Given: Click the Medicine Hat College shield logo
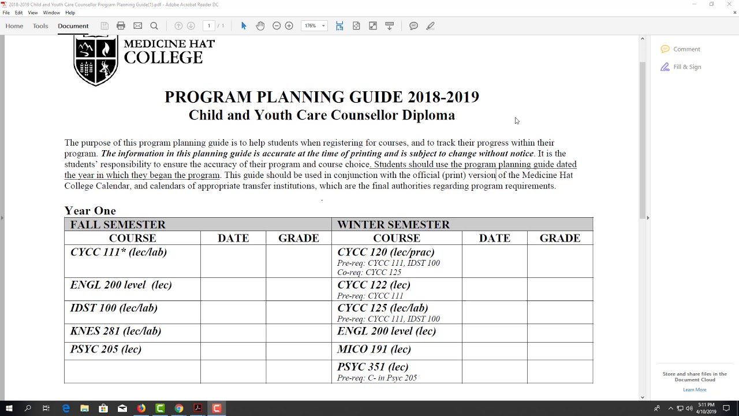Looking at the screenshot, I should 96,60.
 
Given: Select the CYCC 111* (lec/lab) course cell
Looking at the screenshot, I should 118,252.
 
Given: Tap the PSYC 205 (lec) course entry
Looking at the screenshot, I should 106,349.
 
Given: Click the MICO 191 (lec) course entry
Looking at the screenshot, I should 374,349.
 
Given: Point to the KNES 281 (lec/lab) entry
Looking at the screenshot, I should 115,331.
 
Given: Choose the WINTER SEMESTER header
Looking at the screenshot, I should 393,224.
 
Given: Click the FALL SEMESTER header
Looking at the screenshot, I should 118,224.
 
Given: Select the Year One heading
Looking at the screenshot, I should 90,210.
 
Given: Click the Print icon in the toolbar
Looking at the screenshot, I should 121,25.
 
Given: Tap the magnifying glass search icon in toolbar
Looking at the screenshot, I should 154,25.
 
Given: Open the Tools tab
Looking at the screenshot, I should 40,26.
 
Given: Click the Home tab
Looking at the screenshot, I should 14,26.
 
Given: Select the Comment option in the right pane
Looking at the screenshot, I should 686,49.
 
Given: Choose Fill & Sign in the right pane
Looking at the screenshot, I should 686,67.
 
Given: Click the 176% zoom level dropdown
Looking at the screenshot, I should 315,25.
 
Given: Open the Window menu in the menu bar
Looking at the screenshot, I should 51,13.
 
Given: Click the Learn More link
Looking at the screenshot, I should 695,389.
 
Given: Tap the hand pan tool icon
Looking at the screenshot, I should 260,25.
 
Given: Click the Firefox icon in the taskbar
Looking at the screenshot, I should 141,408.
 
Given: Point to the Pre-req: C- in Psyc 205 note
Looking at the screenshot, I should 376,378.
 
